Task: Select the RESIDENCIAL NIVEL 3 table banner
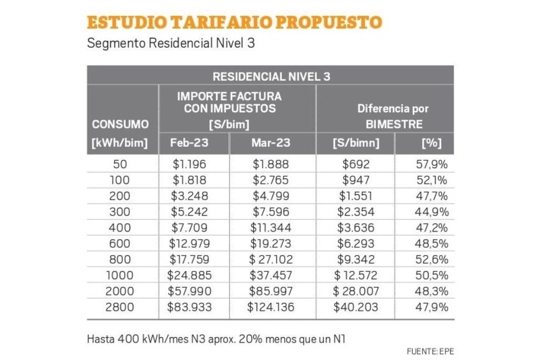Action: point(271,76)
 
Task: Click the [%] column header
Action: point(429,143)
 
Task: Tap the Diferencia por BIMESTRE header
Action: point(392,115)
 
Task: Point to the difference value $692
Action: point(355,164)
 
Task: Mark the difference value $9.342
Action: point(355,259)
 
